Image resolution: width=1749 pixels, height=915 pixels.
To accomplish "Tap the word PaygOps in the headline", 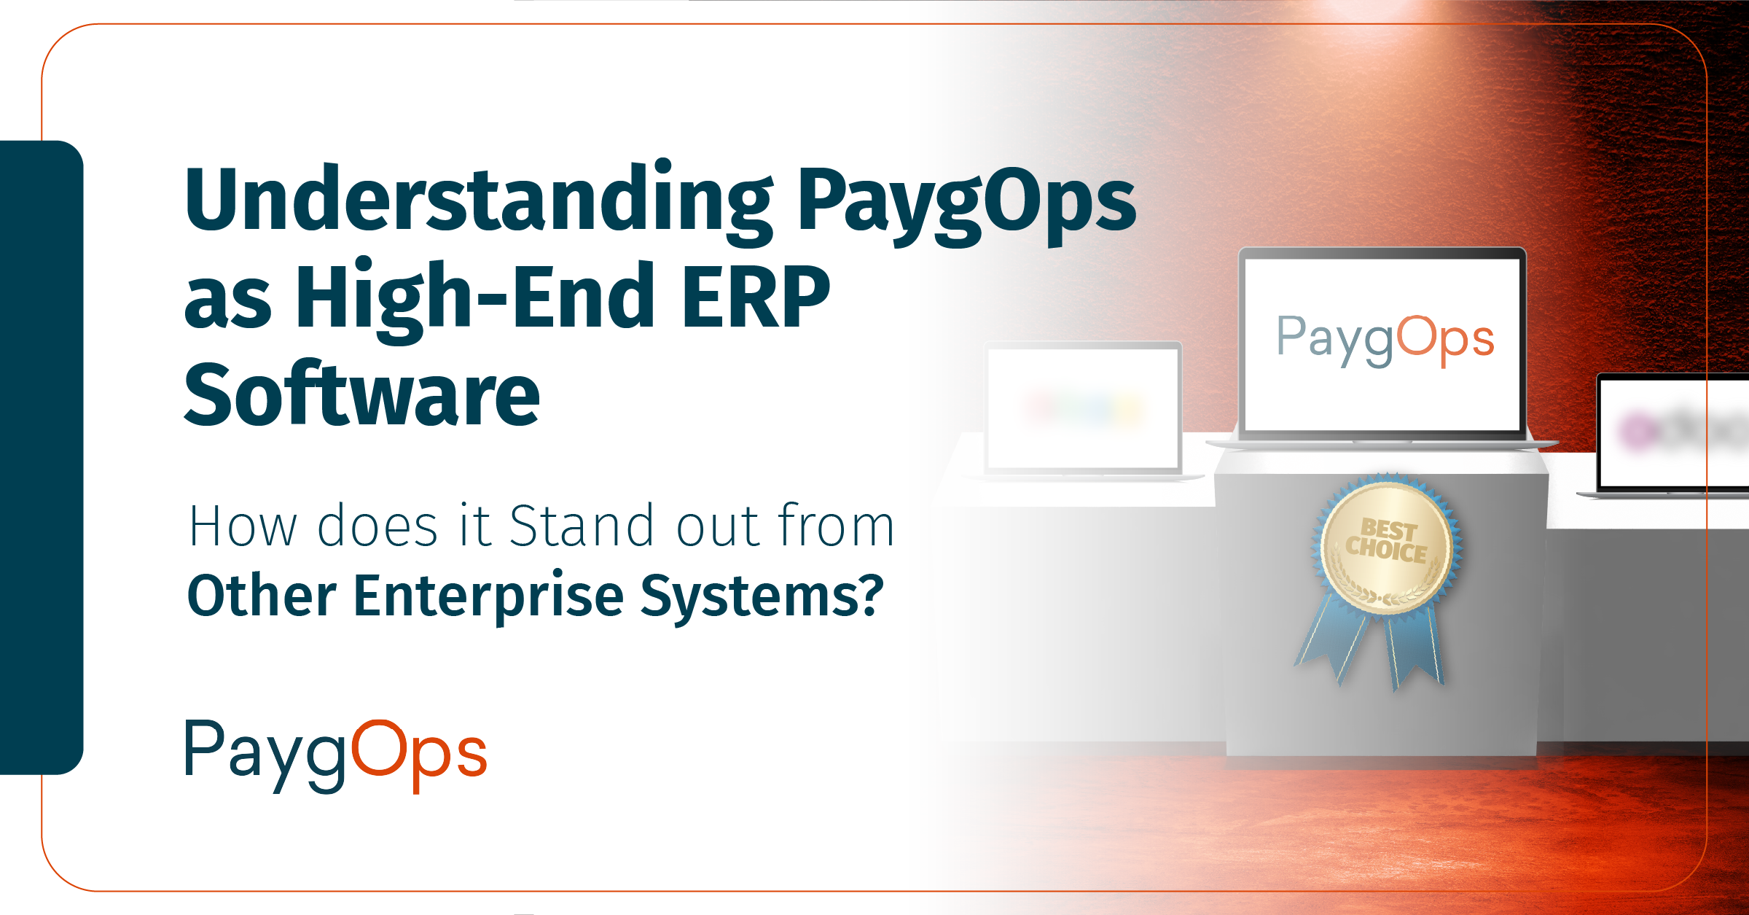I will tap(966, 201).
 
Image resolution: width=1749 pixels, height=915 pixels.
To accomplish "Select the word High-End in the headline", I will tap(474, 297).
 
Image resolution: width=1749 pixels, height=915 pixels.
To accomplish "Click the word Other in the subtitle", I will tap(262, 596).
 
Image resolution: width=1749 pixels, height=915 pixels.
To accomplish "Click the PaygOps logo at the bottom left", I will tap(336, 755).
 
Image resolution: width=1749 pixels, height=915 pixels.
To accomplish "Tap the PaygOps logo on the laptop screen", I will tap(1385, 340).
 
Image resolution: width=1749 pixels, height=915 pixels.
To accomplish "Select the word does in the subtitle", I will tap(377, 526).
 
